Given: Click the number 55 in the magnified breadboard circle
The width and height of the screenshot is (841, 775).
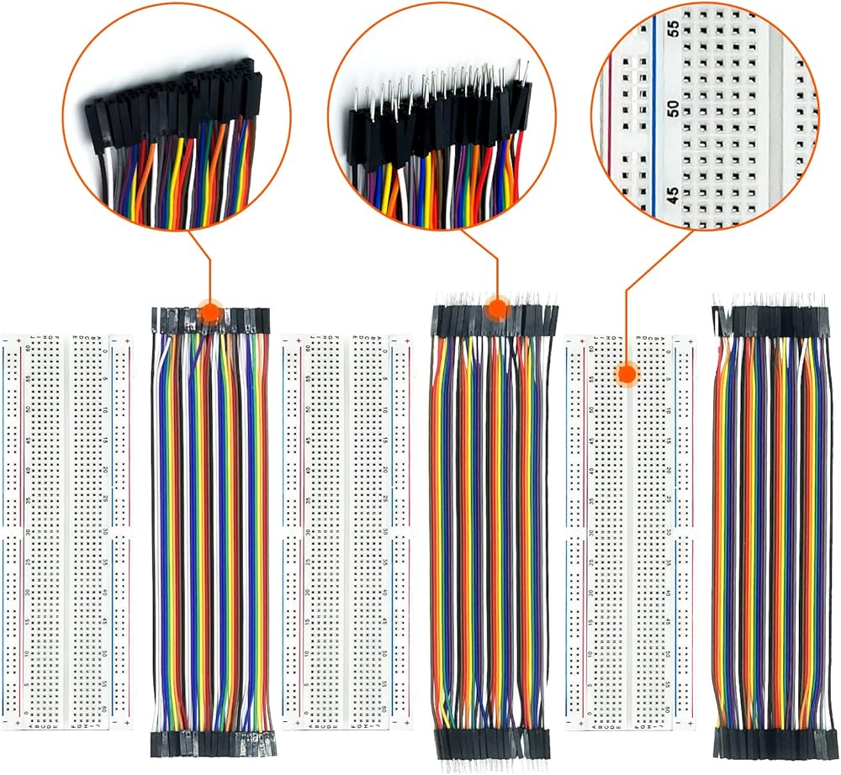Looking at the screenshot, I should point(673,28).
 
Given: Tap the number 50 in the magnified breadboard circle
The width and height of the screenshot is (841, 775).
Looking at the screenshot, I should point(672,108).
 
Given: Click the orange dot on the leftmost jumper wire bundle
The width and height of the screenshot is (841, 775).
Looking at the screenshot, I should point(209,314).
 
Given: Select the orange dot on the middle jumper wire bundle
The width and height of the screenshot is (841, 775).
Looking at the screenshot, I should point(497,308).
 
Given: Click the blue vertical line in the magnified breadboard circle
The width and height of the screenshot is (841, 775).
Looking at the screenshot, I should point(654,118).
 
